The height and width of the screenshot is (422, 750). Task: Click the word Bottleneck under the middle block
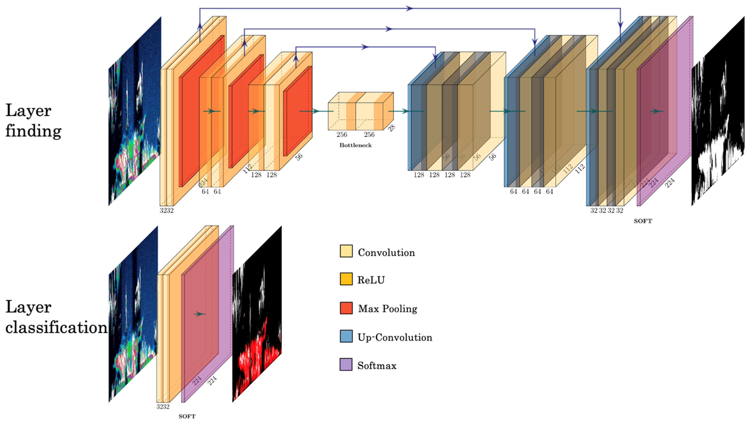355,145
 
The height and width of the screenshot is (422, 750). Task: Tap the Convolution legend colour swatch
346,251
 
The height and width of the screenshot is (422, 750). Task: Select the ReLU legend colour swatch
346,279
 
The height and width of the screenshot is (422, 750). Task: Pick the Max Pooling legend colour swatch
346,308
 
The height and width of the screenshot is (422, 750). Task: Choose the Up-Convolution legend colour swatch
346,336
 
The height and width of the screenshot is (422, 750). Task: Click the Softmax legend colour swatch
346,364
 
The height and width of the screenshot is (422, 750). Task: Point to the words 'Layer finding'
33,120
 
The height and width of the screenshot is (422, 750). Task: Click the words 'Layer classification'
55,317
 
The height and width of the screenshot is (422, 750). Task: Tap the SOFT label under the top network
643,221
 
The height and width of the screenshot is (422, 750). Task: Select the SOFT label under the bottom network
187,416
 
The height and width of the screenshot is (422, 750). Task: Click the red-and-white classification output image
257,314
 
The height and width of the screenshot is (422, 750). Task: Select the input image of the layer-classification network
133,314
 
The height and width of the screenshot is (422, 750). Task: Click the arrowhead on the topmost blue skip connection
410,9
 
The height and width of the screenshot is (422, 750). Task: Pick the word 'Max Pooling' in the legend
387,309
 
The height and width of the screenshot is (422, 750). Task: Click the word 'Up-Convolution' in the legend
394,337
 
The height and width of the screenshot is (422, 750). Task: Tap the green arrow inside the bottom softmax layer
200,314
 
